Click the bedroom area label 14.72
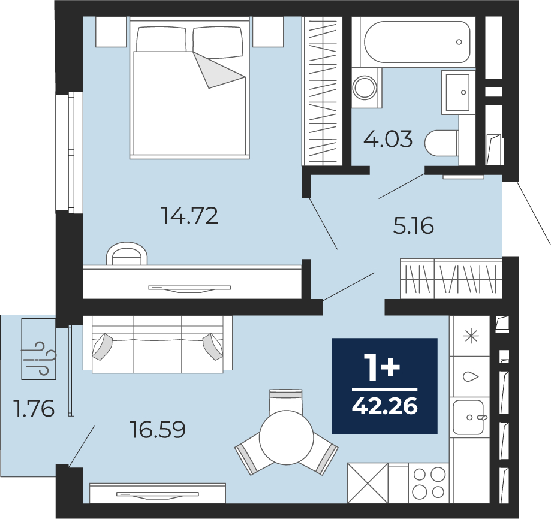189,216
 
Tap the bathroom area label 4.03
388,139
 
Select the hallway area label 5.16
414,225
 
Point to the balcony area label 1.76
34,409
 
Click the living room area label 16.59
158,430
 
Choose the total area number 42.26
385,406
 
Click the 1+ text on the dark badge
383,367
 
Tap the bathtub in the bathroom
417,42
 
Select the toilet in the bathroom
442,143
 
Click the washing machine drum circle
365,87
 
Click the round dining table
286,438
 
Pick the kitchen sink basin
469,417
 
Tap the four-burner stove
429,483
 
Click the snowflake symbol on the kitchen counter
471,336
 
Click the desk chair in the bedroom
127,253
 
